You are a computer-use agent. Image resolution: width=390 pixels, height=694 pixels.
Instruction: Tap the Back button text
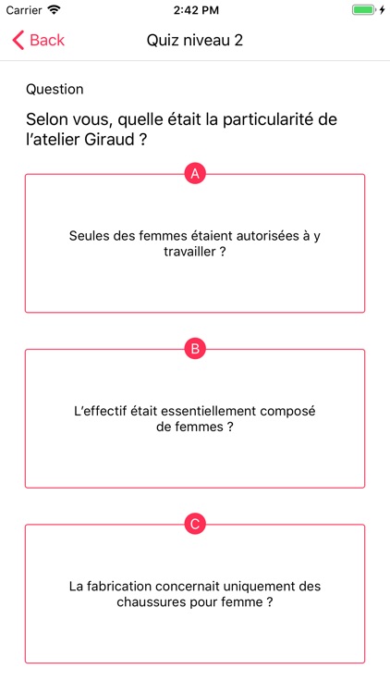pyautogui.click(x=47, y=40)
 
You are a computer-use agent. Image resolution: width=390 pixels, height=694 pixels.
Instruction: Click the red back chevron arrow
pyautogui.click(x=18, y=40)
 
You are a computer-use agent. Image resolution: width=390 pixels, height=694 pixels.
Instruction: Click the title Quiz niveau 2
pyautogui.click(x=195, y=41)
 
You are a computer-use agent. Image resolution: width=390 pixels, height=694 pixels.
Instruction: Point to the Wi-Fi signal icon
pyautogui.click(x=55, y=10)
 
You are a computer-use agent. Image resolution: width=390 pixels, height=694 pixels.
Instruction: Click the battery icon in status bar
pyautogui.click(x=363, y=10)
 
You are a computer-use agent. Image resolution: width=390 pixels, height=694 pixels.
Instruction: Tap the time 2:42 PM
pyautogui.click(x=196, y=10)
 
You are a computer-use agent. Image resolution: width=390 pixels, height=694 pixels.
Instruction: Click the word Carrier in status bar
pyautogui.click(x=24, y=10)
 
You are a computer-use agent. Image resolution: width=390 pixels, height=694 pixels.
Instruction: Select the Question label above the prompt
pyautogui.click(x=55, y=89)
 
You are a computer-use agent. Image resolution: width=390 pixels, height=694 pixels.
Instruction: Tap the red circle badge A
pyautogui.click(x=195, y=174)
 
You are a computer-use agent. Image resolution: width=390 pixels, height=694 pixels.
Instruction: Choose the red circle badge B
pyautogui.click(x=195, y=349)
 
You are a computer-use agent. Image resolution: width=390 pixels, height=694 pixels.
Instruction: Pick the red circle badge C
pyautogui.click(x=195, y=525)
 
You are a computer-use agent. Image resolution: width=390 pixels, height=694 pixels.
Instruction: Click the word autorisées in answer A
pyautogui.click(x=262, y=236)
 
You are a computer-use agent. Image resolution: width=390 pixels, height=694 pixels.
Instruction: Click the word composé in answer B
pyautogui.click(x=287, y=412)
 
